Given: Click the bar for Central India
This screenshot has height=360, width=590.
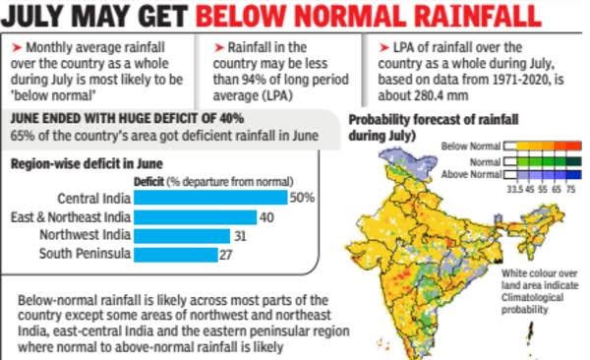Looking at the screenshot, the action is click(210, 198).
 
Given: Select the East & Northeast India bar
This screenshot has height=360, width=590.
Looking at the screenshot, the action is click(196, 217).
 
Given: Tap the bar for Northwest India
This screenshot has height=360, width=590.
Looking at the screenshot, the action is click(182, 236).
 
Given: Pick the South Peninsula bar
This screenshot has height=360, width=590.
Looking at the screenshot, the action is click(176, 255).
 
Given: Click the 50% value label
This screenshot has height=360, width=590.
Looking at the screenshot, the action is click(302, 198).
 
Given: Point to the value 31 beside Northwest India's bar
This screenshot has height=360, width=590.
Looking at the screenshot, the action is click(240, 236).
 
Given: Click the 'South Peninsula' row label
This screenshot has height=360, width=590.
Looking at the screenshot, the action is click(85, 253).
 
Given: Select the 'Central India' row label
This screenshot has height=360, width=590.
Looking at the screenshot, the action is click(94, 198).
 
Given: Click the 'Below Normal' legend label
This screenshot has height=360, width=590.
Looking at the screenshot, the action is click(471, 146).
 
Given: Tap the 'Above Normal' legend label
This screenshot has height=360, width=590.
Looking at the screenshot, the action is click(471, 174).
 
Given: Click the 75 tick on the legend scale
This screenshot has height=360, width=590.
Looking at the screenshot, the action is click(570, 189).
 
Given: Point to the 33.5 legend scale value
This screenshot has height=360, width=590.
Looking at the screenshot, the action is click(514, 189).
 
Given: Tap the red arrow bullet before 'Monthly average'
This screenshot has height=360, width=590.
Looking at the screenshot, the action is click(17, 48).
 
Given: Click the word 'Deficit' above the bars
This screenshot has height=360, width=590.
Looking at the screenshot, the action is click(148, 182).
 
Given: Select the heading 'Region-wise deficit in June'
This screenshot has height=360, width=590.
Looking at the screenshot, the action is click(87, 164).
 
